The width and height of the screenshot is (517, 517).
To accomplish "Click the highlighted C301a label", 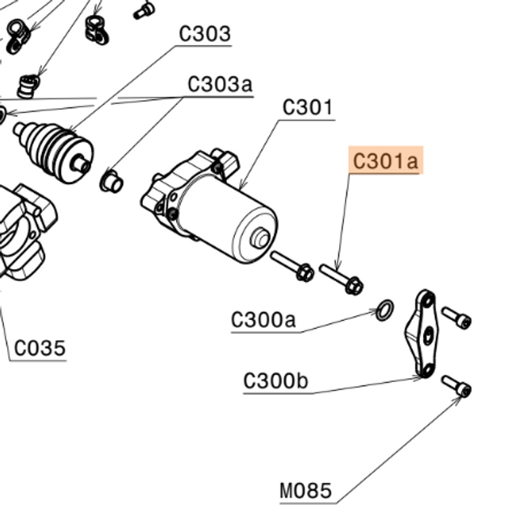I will pyautogui.click(x=386, y=162).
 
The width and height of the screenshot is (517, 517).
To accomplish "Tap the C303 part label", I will pyautogui.click(x=204, y=34).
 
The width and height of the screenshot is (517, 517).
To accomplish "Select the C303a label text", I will pyautogui.click(x=220, y=84).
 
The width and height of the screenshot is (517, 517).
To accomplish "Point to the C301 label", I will pyautogui.click(x=308, y=107).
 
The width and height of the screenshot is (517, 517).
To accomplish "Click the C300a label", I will pyautogui.click(x=263, y=320).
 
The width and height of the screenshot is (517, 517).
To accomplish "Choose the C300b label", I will pyautogui.click(x=275, y=380).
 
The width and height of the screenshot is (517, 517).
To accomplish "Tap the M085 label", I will pyautogui.click(x=305, y=490).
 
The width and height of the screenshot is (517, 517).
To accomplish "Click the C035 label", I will pyautogui.click(x=40, y=349).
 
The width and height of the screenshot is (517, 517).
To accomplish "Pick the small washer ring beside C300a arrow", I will pyautogui.click(x=386, y=309).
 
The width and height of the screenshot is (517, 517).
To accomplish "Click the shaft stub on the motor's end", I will pyautogui.click(x=260, y=239).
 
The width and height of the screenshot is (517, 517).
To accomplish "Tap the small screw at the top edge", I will pyautogui.click(x=145, y=10).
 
